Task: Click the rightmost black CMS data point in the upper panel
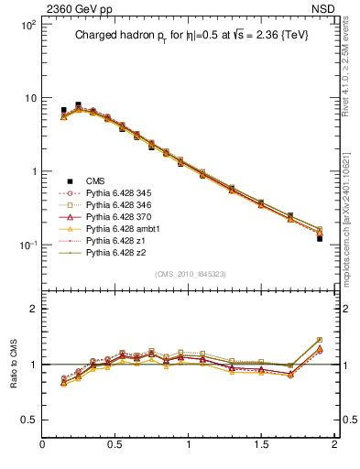(x=320, y=238)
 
